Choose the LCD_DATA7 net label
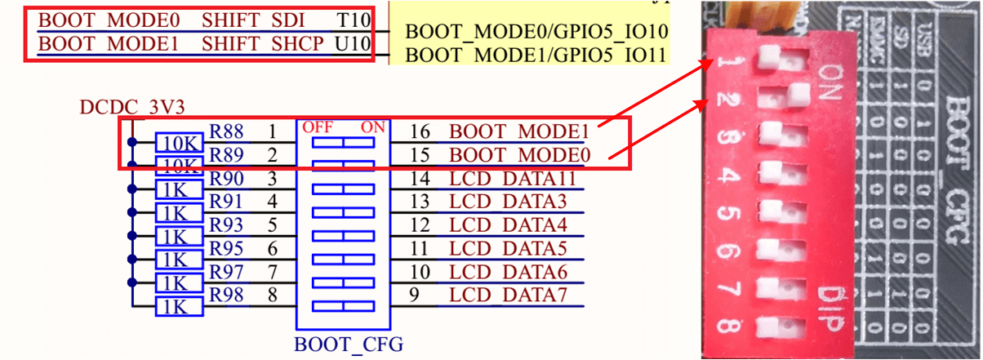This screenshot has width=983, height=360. (x=507, y=295)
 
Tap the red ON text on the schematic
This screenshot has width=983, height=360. (x=373, y=127)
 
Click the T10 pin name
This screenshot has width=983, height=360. (x=353, y=19)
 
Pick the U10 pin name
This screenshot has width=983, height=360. (x=353, y=42)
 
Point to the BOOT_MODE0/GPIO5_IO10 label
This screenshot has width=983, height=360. (x=536, y=32)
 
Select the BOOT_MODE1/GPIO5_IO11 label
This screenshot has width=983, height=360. (x=536, y=56)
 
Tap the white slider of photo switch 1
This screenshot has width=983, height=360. (x=769, y=57)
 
